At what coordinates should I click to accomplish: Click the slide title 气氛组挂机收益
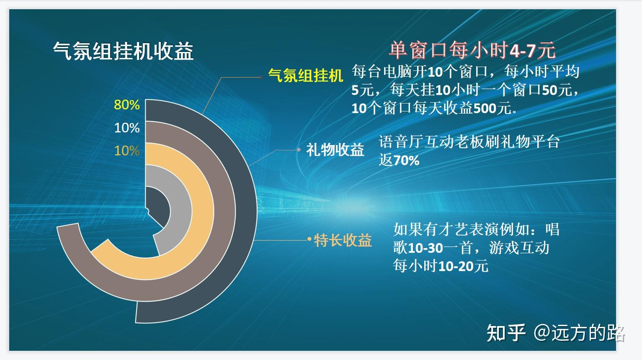[x=123, y=52]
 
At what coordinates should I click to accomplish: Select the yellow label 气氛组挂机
[x=305, y=76]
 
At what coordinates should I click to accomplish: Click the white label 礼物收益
[x=335, y=150]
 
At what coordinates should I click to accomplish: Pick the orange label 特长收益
[x=343, y=240]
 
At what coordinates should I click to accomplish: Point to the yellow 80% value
[x=126, y=105]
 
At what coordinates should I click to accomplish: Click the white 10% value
[x=126, y=128]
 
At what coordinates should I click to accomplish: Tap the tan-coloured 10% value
[x=126, y=151]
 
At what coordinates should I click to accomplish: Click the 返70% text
[x=399, y=161]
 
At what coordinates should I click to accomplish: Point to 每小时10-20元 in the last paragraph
[x=441, y=266]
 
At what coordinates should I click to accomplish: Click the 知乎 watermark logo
[x=506, y=333]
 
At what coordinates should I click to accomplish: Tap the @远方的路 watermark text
[x=579, y=333]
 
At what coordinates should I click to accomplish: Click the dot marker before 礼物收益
[x=299, y=150]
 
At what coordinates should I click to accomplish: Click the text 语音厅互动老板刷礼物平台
[x=469, y=142]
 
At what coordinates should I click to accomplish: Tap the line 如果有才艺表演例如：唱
[x=476, y=230]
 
